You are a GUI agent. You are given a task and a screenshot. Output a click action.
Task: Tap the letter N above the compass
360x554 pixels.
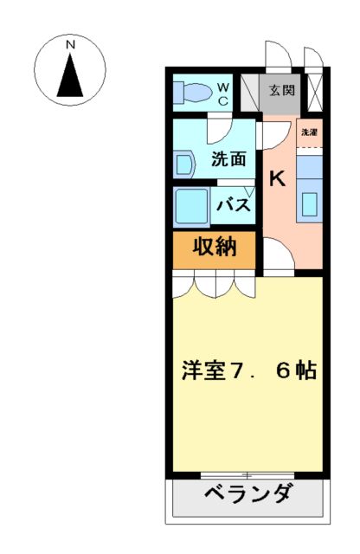point(70,43)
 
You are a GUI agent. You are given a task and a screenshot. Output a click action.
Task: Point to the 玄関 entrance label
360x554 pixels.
point(280,90)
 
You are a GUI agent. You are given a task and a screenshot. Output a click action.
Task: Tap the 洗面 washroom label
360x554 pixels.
point(228,158)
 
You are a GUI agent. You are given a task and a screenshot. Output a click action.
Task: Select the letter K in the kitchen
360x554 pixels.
point(277,179)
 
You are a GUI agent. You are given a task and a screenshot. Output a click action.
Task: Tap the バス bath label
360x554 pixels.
point(234,206)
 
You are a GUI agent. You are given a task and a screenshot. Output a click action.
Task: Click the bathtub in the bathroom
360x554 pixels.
point(191,207)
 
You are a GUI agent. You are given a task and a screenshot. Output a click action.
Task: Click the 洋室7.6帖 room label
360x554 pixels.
point(248,371)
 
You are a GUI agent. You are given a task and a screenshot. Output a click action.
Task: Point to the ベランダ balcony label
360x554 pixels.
point(248,496)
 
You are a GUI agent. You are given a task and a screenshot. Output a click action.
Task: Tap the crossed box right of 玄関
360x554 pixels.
point(314,91)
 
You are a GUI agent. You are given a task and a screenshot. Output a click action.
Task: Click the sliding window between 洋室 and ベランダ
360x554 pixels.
point(247,474)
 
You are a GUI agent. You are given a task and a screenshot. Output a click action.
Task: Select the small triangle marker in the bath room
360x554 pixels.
point(248,192)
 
